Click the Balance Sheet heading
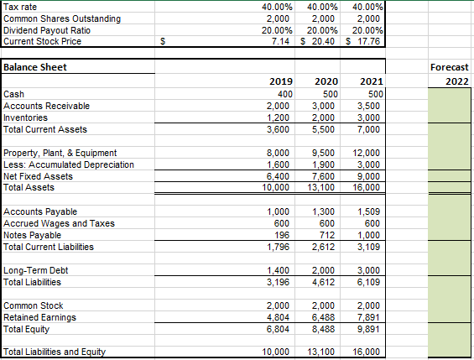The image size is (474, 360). click(35, 67)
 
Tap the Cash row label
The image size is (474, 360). click(14, 95)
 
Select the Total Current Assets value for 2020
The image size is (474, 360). click(325, 130)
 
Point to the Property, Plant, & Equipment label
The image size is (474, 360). click(60, 153)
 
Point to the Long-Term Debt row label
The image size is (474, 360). click(34, 270)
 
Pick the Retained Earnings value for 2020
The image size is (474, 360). click(325, 317)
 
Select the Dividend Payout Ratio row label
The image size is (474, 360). click(49, 29)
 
